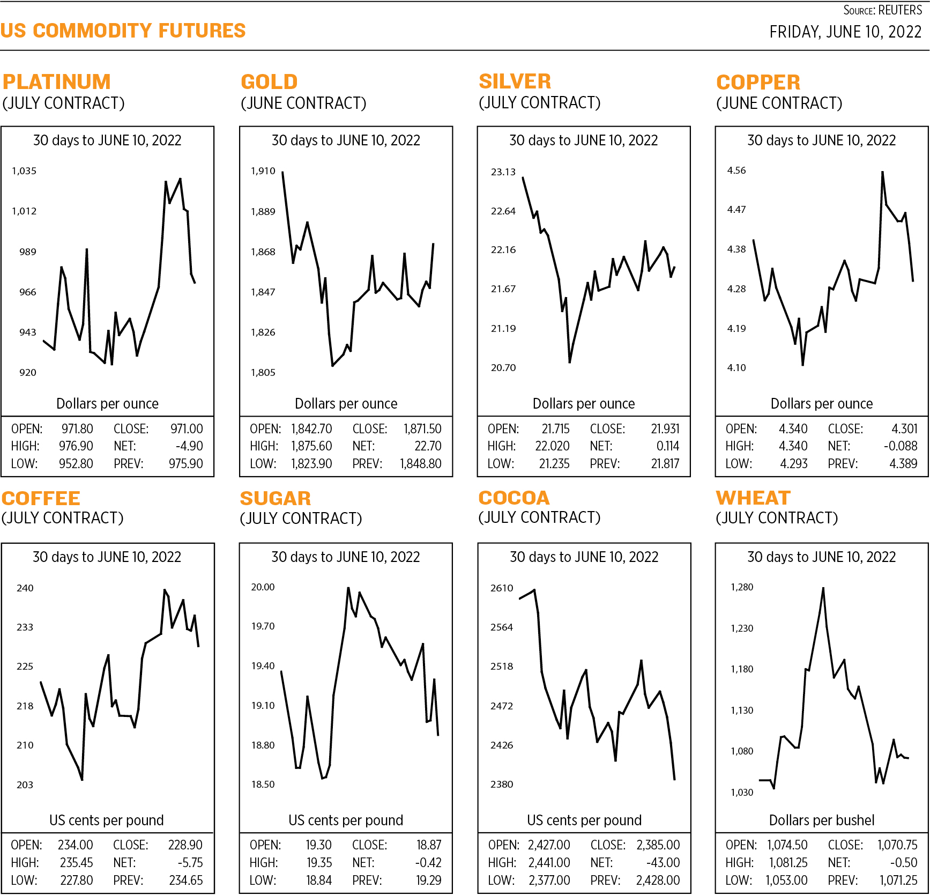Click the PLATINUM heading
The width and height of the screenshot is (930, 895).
[x=57, y=82]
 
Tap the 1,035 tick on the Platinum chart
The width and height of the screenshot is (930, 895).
[x=24, y=171]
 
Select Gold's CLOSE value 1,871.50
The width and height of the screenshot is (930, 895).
[x=422, y=429]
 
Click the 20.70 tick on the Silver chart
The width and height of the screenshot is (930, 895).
[x=503, y=368]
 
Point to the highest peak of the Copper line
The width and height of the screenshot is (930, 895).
[x=882, y=172]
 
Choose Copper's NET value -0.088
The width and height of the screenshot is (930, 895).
[x=901, y=446]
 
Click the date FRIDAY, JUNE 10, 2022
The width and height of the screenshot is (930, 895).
[x=845, y=32]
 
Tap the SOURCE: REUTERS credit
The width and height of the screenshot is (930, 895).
[x=882, y=10]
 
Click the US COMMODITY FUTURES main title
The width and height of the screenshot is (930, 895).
[x=123, y=31]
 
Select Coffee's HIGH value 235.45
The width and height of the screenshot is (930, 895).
[x=76, y=863]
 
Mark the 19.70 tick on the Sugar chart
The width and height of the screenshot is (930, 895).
[x=263, y=626]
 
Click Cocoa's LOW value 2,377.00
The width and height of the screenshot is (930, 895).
[x=549, y=881]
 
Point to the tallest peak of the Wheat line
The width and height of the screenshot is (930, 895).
[x=823, y=588]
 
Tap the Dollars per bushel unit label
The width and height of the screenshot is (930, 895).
[x=821, y=820]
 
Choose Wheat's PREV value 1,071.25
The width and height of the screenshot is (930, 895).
[x=898, y=881]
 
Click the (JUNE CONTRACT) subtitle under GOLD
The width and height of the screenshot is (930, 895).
[x=303, y=103]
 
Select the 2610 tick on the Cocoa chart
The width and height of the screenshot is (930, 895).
[x=502, y=588]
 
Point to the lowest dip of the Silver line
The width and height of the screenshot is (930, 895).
[x=569, y=363]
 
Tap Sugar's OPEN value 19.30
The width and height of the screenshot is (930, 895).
[x=318, y=845]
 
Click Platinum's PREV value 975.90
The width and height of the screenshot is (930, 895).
[x=186, y=464]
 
